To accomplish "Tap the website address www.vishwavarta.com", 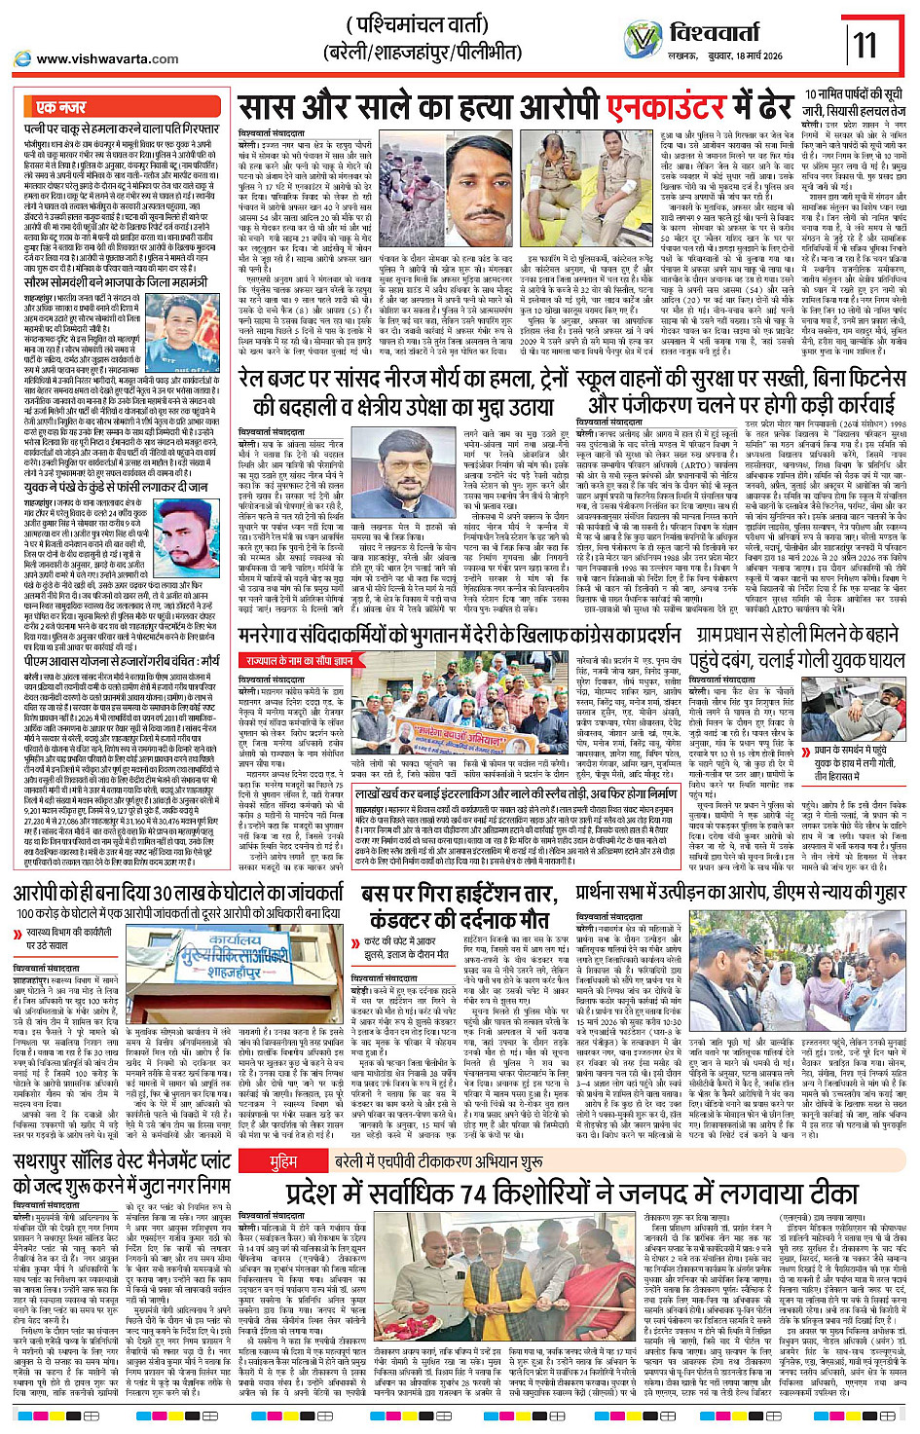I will [106, 58].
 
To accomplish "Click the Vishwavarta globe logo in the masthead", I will [644, 39].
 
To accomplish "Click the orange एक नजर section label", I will [60, 106].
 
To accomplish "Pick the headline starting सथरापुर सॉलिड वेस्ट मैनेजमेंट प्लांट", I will [123, 1173].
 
